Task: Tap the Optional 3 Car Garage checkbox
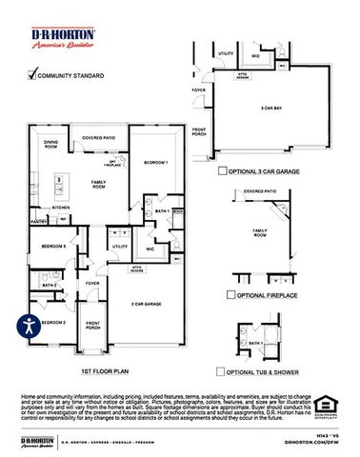click(222, 171)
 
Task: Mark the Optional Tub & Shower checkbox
click(222, 371)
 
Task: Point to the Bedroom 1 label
click(155, 163)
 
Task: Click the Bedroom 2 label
click(51, 323)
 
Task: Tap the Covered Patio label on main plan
click(99, 139)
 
